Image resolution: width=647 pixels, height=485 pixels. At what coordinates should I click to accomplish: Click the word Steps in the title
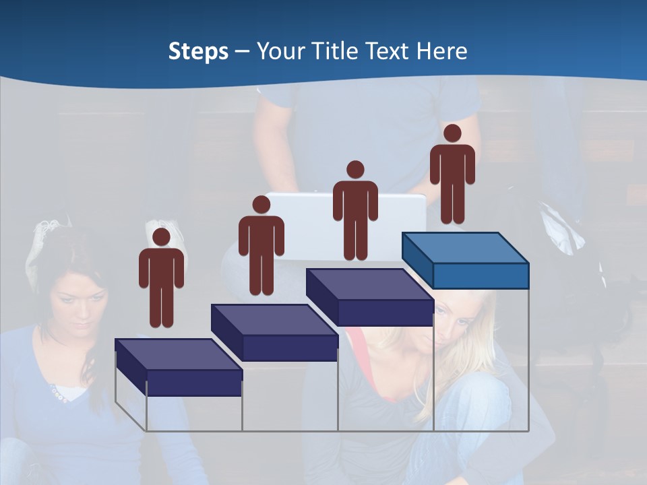point(198,51)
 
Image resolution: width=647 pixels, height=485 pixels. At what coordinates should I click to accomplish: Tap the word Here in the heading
point(442,51)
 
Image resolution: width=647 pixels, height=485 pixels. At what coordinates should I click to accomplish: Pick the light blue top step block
point(465,260)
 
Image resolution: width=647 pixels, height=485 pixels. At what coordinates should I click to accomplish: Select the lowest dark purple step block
point(178,367)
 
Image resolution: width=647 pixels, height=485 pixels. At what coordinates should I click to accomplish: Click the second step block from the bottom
point(274,332)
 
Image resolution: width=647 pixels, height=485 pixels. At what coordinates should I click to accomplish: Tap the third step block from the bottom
point(369,296)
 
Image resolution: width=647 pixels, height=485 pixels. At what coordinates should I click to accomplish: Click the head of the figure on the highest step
point(452,133)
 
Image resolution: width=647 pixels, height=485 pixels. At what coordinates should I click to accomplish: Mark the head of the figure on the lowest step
point(161,236)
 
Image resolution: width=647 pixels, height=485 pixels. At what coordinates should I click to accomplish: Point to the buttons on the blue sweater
point(58,393)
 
